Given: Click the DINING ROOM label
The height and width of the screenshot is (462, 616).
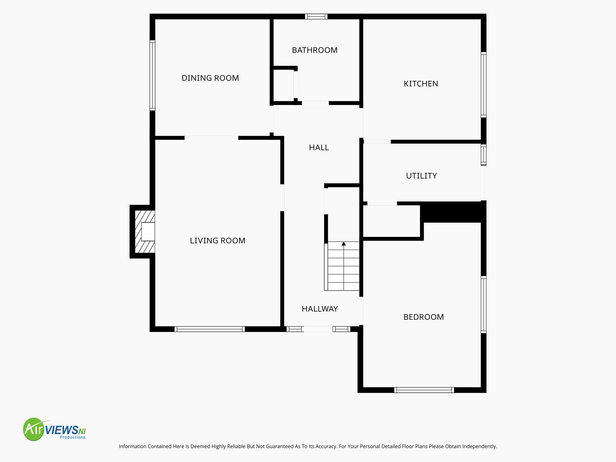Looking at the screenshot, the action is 210,78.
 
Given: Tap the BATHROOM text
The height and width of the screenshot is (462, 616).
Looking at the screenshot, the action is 315,50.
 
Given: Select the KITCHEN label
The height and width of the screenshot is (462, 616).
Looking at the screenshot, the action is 421,84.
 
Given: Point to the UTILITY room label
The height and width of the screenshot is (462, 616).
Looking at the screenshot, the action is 421,176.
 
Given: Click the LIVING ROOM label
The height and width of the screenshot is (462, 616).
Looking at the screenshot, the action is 218,241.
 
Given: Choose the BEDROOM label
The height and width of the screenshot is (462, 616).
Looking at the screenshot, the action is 423,317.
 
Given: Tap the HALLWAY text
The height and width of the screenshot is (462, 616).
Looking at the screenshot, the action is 320,309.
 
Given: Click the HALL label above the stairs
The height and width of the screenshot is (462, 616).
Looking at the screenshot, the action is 319,147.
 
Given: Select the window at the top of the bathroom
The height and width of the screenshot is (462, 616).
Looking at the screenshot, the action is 316,16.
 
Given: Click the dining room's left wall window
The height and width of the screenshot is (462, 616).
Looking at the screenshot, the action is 152,75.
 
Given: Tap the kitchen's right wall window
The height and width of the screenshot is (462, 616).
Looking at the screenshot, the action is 484,85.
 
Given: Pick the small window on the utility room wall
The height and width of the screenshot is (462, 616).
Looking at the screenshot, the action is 484,154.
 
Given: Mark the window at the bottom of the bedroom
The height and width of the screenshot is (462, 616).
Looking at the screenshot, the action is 424,390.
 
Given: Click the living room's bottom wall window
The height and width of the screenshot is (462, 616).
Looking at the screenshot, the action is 210,329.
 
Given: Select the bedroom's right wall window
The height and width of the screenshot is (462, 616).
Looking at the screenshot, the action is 484,304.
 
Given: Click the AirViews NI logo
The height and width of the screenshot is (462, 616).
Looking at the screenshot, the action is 54,429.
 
